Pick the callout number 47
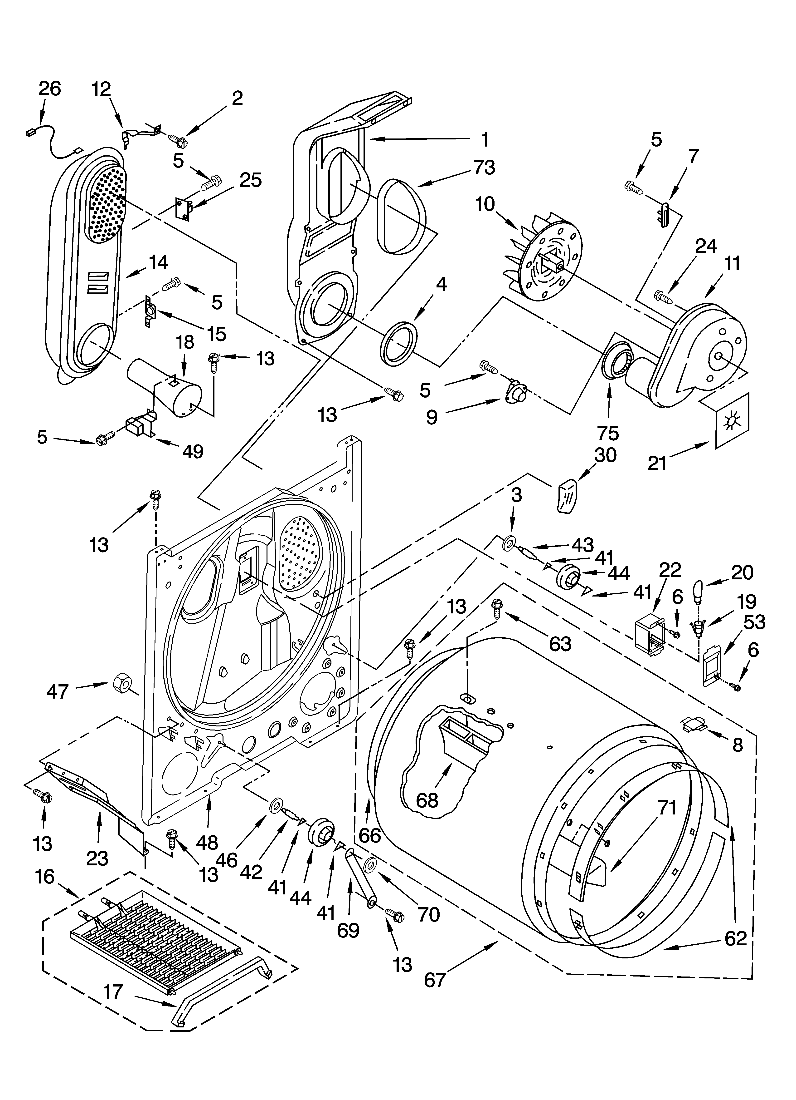(57, 692)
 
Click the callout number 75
(608, 432)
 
